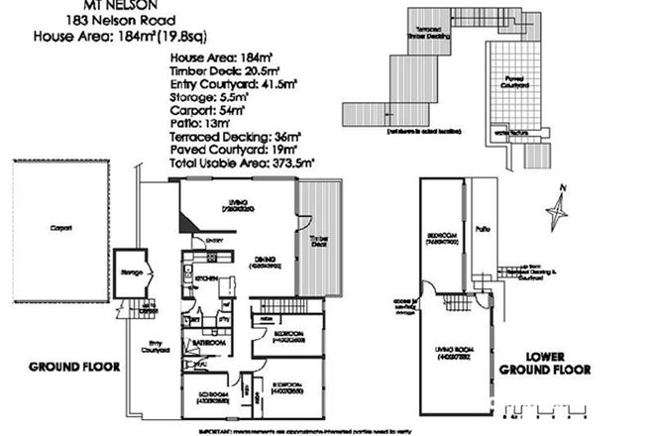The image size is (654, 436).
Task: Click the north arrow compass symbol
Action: tap(558, 206)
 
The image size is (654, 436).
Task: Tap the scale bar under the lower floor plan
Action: tap(542, 409)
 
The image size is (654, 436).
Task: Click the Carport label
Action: tap(61, 229)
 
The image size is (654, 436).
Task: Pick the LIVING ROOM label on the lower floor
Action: tap(455, 353)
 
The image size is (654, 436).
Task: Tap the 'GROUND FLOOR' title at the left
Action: tap(74, 366)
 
